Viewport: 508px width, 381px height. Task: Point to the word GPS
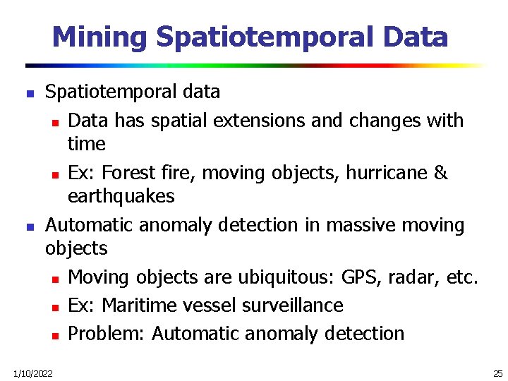tap(359, 277)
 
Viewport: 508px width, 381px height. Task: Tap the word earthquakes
tap(121, 196)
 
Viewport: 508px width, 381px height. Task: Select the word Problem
tap(106, 333)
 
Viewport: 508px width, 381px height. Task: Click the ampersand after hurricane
tap(441, 173)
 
